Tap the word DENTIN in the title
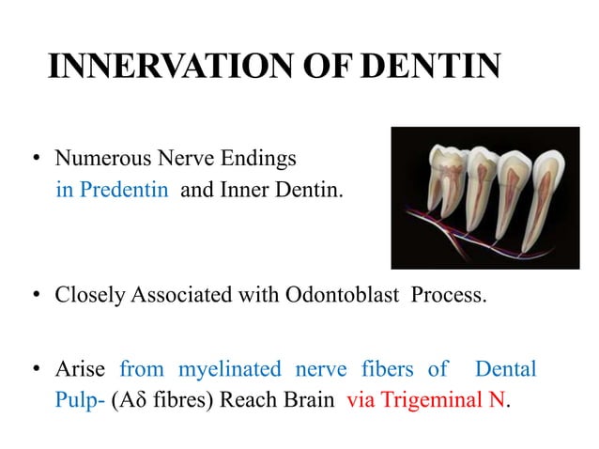[x=429, y=68]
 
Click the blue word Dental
[x=505, y=369]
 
